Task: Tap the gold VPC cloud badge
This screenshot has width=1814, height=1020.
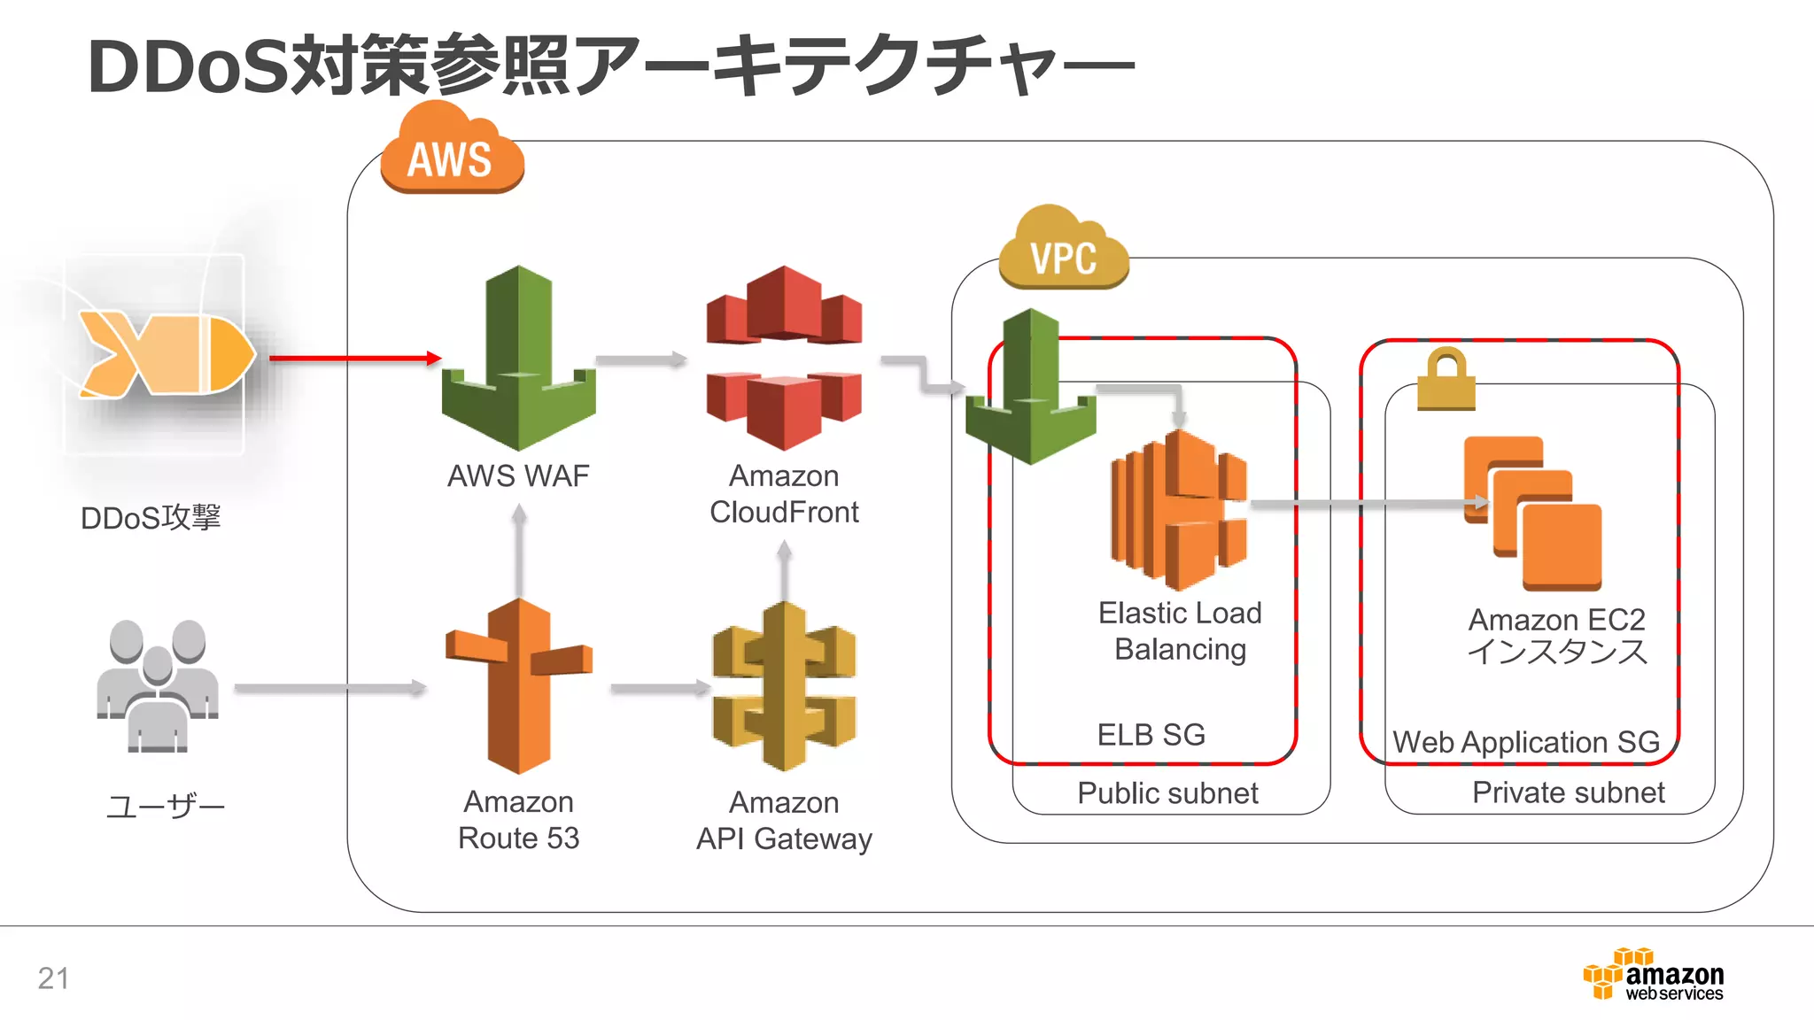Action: pyautogui.click(x=1064, y=251)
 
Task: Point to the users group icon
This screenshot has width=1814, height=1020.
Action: pyautogui.click(x=158, y=685)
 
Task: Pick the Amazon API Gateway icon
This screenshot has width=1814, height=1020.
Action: pyautogui.click(x=785, y=686)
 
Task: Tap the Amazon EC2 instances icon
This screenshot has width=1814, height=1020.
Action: pyautogui.click(x=1533, y=514)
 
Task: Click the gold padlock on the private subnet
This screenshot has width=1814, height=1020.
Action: pyautogui.click(x=1446, y=380)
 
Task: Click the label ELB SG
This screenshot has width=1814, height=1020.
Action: pyautogui.click(x=1151, y=735)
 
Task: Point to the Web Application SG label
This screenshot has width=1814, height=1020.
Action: pyautogui.click(x=1525, y=742)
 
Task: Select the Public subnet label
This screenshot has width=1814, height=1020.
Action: pyautogui.click(x=1167, y=793)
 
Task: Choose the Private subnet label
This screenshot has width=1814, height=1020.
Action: pyautogui.click(x=1568, y=792)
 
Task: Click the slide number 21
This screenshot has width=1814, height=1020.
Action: pyautogui.click(x=53, y=978)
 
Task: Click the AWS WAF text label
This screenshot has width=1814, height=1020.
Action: pyautogui.click(x=518, y=476)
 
